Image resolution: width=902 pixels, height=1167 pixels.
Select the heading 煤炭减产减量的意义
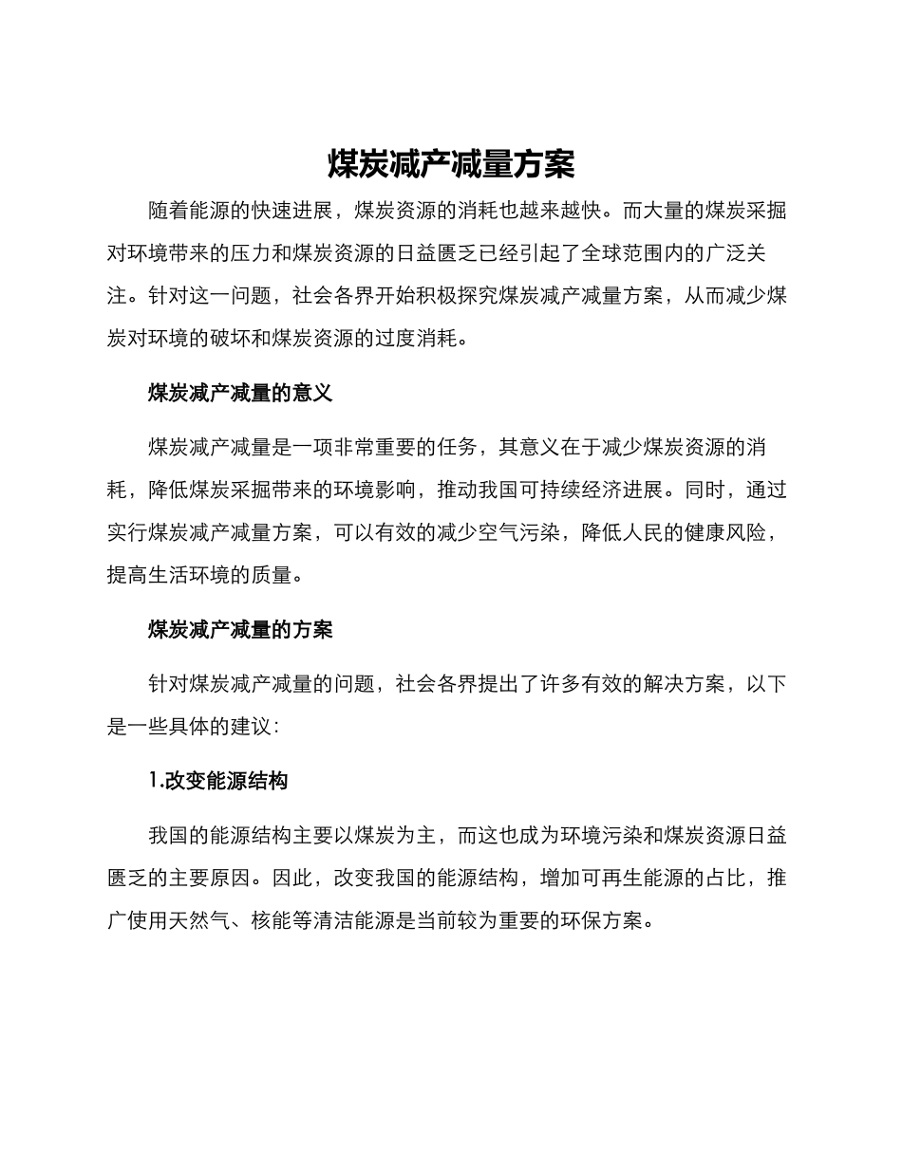[x=240, y=393]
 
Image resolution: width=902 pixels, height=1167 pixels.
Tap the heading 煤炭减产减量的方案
[x=240, y=629]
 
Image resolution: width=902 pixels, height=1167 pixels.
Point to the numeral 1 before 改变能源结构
[x=154, y=781]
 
